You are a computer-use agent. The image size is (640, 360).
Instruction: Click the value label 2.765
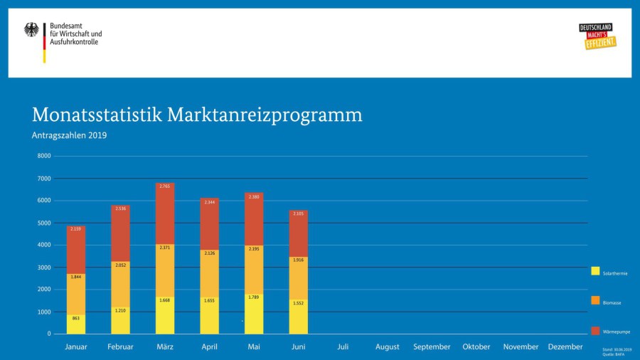(165, 186)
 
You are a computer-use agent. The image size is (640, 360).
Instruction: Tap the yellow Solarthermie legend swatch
(595, 271)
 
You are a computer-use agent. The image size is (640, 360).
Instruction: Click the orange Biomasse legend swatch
(595, 301)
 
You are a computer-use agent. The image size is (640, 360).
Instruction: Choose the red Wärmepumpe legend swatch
(595, 330)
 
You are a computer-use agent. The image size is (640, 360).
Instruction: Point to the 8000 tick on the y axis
(44, 156)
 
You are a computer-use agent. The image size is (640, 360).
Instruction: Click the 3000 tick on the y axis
(44, 268)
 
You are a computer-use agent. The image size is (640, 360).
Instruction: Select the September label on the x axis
(432, 347)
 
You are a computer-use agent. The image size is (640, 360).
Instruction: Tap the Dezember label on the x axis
(565, 347)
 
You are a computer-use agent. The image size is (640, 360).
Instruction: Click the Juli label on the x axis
(343, 347)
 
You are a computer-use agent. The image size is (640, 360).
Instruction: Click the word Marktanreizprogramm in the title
(265, 115)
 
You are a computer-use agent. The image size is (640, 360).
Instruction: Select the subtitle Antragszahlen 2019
(69, 135)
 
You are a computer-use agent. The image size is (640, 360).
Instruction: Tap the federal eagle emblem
(32, 30)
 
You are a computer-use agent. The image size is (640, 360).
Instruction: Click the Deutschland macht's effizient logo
(597, 36)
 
